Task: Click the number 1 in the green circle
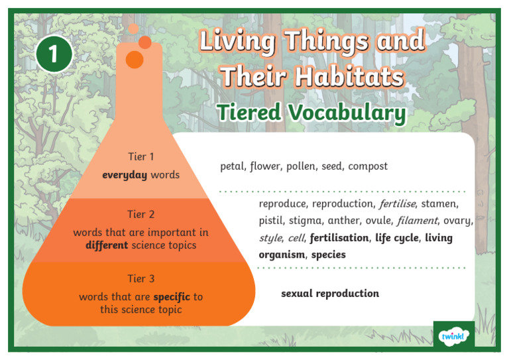[x=54, y=54]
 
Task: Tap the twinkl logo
[x=454, y=336]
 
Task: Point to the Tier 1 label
[x=141, y=157]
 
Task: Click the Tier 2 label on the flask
[x=141, y=214]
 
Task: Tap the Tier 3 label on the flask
[x=141, y=278]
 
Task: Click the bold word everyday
[x=125, y=175]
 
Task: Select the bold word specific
[x=172, y=296]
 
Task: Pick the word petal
[x=233, y=166]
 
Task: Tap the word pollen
[x=301, y=166]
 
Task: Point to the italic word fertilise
[x=397, y=204]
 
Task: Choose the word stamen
[x=439, y=204]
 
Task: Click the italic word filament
[x=417, y=220]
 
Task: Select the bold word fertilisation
[x=339, y=237]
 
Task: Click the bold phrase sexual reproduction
[x=330, y=293]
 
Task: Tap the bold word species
[x=328, y=254]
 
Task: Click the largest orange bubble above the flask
[x=135, y=60]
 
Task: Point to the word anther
[x=343, y=220]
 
